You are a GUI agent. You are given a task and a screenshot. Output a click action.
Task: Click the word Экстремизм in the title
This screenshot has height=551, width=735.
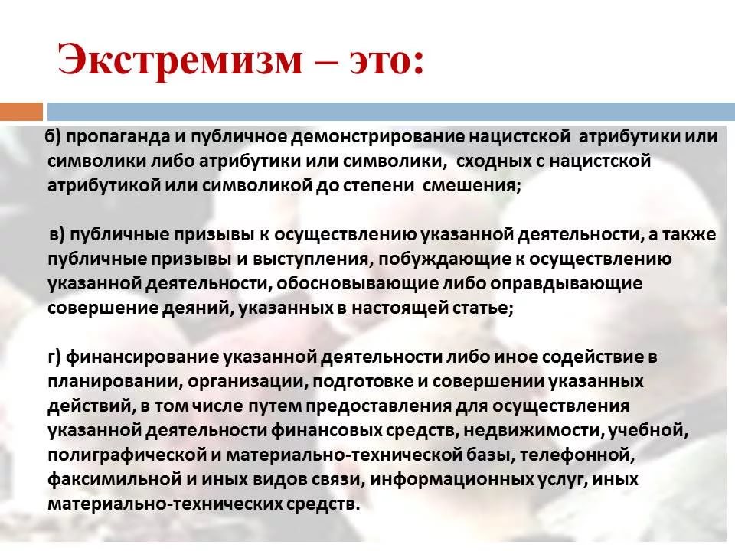[x=180, y=60]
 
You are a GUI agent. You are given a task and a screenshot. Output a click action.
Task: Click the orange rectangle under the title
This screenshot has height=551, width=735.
[x=21, y=112]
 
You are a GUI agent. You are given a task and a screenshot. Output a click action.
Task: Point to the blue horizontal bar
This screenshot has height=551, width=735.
[x=391, y=112]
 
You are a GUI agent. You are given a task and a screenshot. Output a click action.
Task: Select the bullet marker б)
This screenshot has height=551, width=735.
[x=54, y=136]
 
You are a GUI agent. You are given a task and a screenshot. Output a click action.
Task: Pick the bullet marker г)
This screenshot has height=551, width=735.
[x=54, y=357]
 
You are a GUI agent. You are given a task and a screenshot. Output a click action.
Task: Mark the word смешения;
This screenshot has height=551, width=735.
[x=472, y=185]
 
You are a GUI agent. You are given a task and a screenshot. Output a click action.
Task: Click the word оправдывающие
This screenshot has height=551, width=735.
[x=566, y=284]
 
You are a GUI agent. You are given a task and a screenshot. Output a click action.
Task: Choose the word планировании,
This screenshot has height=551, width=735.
[x=115, y=382]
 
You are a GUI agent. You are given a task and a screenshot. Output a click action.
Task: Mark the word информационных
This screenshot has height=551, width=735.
[x=450, y=480]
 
